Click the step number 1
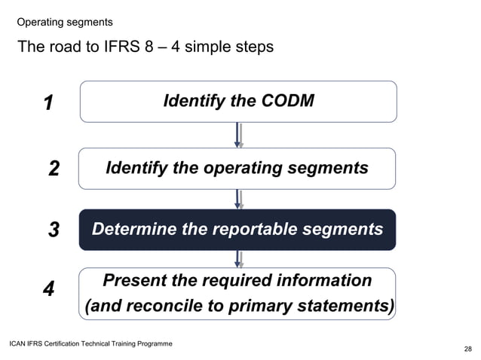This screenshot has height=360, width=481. point(47,103)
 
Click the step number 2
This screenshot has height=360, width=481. point(54,169)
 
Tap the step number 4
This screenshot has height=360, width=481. point(48,290)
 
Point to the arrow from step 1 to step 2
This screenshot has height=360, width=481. point(238,135)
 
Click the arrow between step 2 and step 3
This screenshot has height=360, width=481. point(238,199)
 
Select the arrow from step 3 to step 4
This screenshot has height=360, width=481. point(238,259)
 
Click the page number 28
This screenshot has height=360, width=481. point(468,349)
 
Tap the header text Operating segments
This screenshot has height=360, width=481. point(65,23)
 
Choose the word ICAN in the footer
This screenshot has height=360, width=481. point(18,343)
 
